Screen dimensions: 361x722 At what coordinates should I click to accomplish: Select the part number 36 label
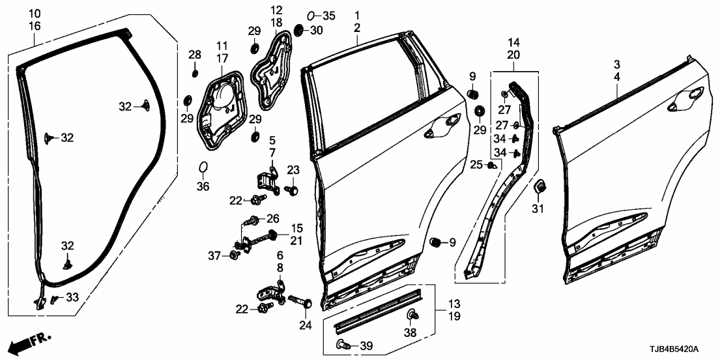coord(203,186)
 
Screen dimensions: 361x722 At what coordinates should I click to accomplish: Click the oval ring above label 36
coord(203,169)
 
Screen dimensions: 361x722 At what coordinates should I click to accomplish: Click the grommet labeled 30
coord(300,30)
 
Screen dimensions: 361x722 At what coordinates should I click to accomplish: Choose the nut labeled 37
coord(233,255)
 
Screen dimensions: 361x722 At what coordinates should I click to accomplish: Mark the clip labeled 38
coord(412,316)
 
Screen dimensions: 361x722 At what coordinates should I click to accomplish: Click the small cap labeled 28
coord(194,71)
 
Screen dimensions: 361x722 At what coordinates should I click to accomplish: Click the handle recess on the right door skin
coord(687,98)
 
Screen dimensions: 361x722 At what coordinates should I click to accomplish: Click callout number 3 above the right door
coord(616,64)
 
